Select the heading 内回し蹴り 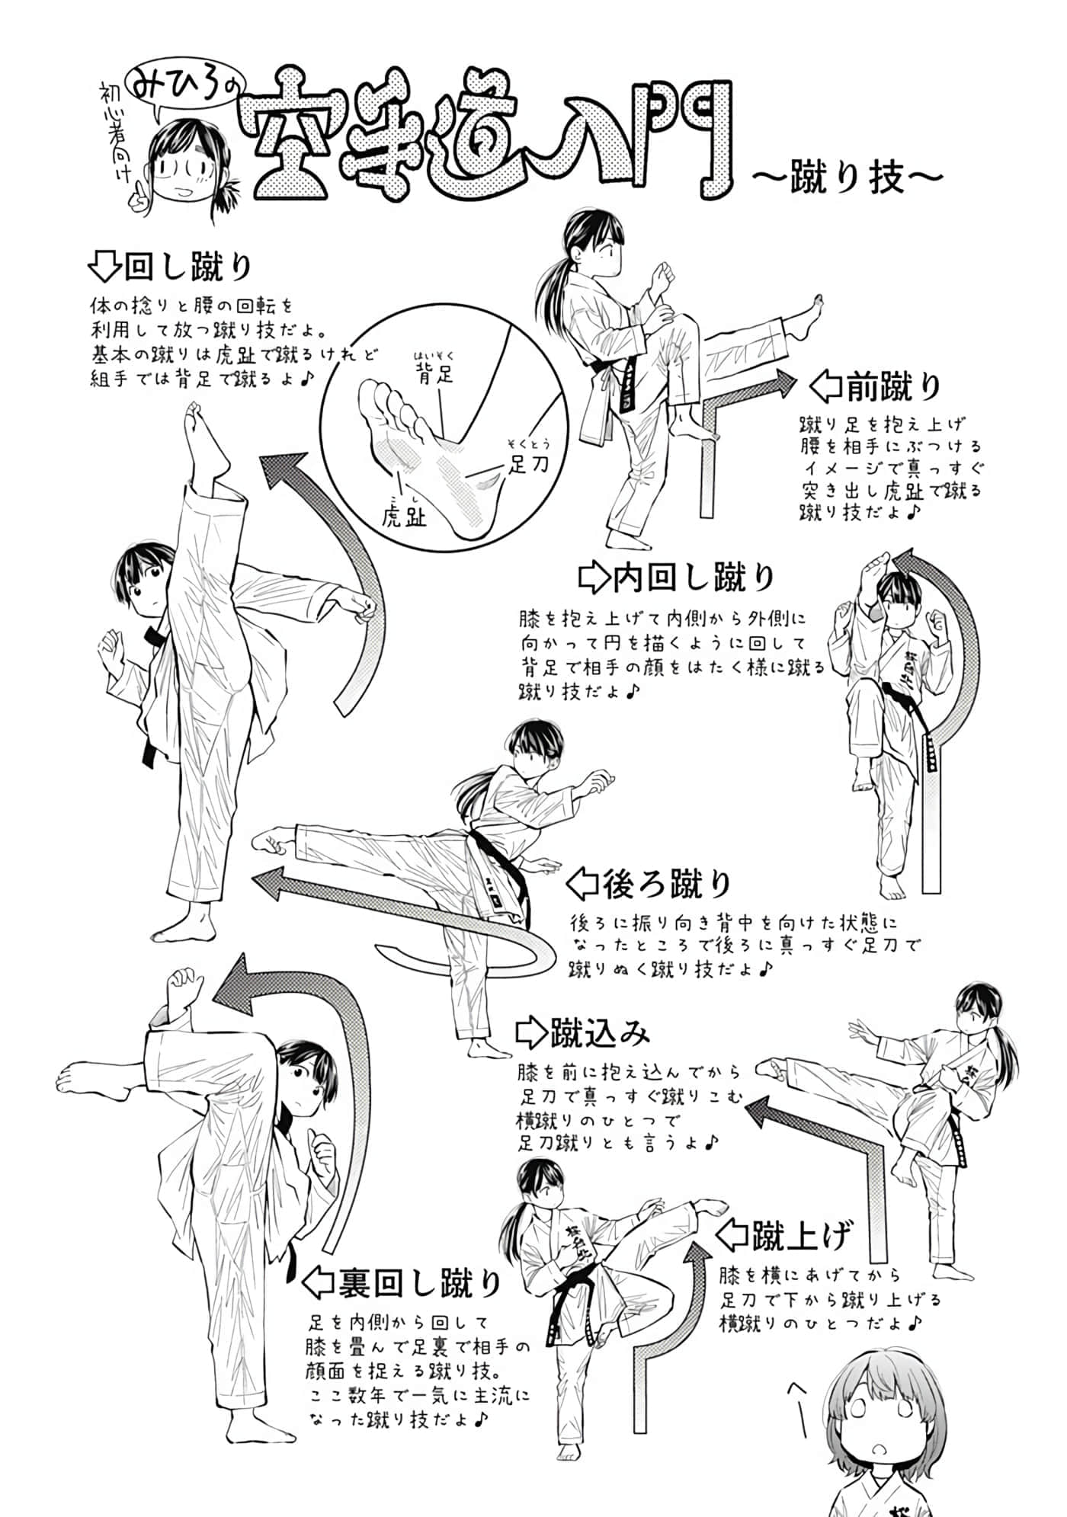click(x=694, y=577)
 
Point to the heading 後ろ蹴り click(x=667, y=884)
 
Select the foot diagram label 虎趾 click(x=404, y=517)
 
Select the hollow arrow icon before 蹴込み click(x=530, y=1032)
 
